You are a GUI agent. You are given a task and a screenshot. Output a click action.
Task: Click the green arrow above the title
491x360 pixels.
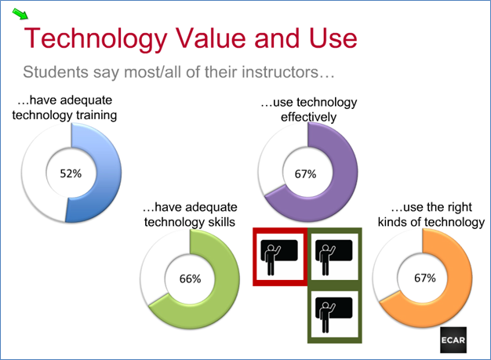pyautogui.click(x=20, y=14)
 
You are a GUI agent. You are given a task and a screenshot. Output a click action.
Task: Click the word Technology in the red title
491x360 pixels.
pyautogui.click(x=96, y=39)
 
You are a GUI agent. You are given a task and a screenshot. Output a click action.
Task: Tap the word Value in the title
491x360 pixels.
pyautogui.click(x=209, y=38)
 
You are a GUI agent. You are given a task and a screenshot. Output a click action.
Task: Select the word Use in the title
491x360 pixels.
pyautogui.click(x=333, y=38)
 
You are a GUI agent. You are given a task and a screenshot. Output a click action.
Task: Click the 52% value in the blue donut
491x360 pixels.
pyautogui.click(x=71, y=173)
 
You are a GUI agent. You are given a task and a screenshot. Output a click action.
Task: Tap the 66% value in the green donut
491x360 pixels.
pyautogui.click(x=190, y=278)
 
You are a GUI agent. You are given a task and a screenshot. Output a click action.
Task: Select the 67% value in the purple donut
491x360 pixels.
pyautogui.click(x=305, y=174)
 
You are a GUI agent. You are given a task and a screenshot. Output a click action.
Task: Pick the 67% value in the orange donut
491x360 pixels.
pyautogui.click(x=425, y=278)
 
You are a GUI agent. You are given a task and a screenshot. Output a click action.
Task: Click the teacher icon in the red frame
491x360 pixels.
pyautogui.click(x=278, y=257)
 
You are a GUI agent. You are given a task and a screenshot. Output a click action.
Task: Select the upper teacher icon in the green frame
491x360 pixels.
pyautogui.click(x=333, y=257)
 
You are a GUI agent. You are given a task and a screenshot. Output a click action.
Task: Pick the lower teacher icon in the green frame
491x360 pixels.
pyautogui.click(x=333, y=315)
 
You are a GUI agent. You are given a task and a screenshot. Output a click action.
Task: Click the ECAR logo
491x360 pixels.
pyautogui.click(x=453, y=340)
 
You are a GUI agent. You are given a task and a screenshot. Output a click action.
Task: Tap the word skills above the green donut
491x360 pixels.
pyautogui.click(x=220, y=222)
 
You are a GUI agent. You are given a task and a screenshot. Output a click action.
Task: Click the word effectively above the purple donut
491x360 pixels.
pyautogui.click(x=308, y=117)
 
